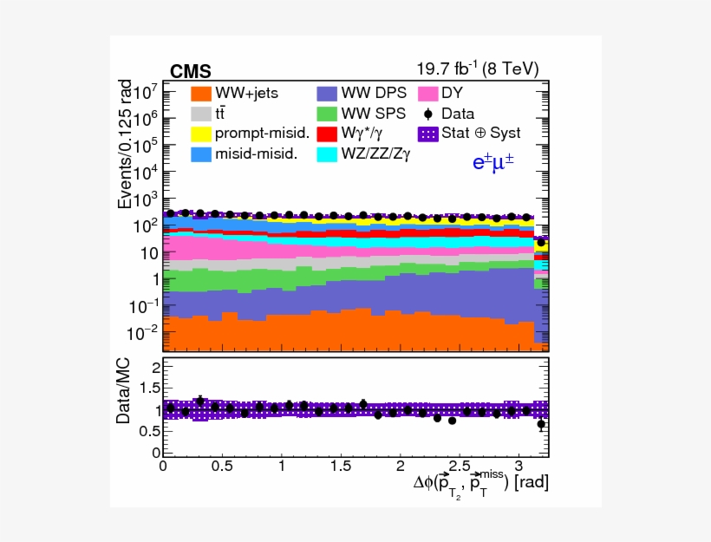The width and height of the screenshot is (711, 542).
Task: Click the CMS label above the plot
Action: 190,71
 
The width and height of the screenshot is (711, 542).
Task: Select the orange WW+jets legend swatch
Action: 201,93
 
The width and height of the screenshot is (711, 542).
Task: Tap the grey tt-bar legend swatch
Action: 201,114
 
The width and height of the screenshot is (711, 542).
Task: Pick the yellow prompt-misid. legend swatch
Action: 201,134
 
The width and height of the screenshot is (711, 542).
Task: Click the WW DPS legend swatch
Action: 326,93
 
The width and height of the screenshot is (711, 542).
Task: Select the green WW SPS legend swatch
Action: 326,114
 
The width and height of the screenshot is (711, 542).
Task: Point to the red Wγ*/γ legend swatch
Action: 326,134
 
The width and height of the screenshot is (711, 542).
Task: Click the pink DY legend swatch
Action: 427,93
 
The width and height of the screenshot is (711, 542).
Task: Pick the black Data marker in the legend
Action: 427,114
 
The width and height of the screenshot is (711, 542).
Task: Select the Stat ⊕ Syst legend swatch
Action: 427,134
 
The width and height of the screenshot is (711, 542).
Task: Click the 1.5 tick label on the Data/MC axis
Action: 147,388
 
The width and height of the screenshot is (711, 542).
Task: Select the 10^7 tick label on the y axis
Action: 144,90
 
